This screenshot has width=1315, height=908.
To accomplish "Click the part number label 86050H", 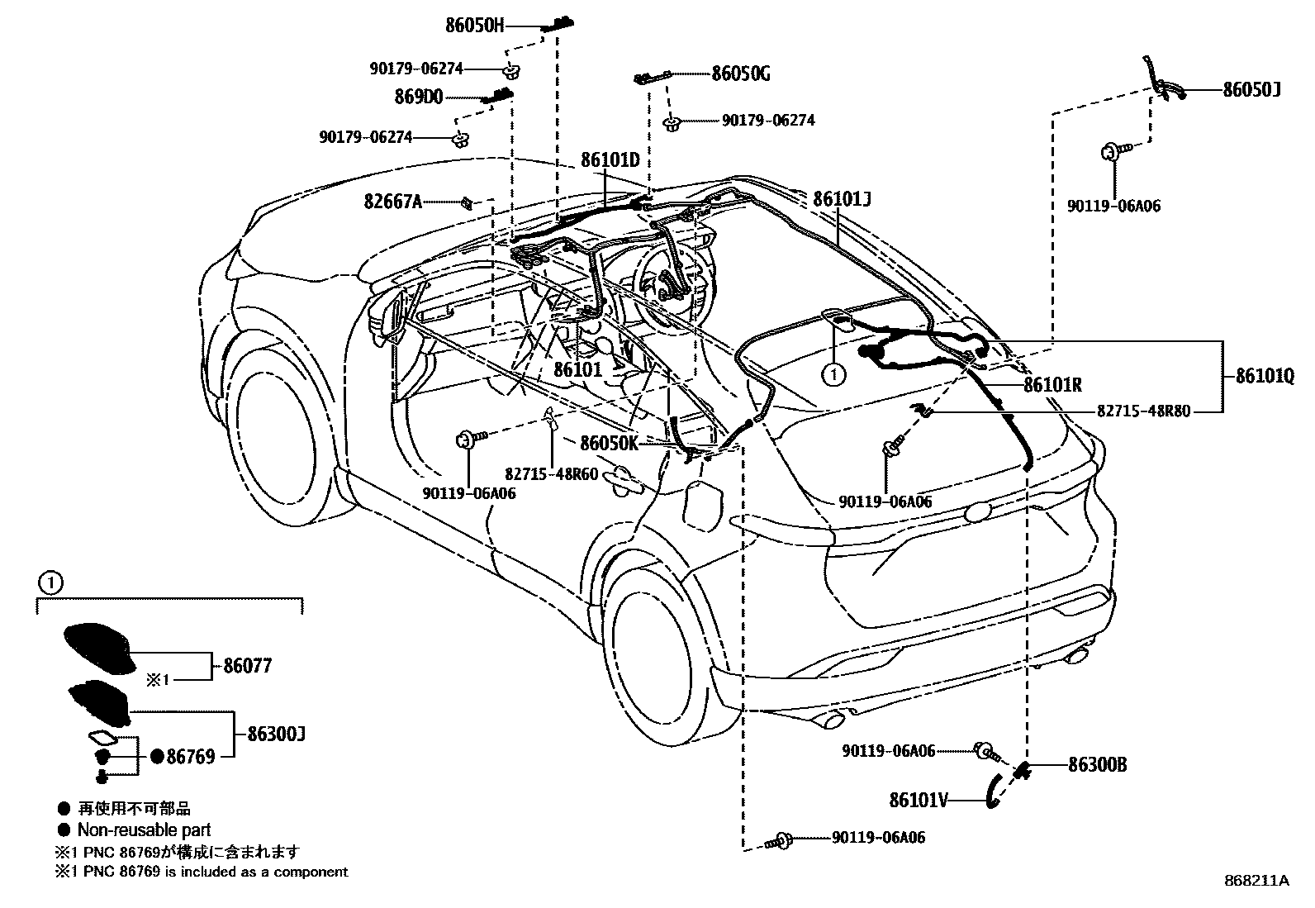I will tap(474, 26).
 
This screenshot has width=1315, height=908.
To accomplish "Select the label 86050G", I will tap(741, 74).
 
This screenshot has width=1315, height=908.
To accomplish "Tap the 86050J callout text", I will tap(1251, 89).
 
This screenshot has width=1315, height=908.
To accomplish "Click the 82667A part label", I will tap(394, 201).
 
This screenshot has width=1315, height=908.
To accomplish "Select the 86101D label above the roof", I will tap(610, 159).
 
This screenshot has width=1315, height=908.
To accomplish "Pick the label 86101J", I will tap(842, 198).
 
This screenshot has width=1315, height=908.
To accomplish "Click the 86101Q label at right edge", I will tap(1265, 375).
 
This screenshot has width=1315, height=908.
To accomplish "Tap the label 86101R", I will tap(1052, 384).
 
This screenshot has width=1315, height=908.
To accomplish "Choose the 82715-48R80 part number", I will tap(1143, 410).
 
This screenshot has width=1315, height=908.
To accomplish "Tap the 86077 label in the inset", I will tap(247, 665).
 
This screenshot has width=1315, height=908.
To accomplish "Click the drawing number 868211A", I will tap(1256, 881).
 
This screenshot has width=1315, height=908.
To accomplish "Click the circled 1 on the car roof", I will tap(834, 374).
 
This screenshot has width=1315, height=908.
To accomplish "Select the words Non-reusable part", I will tap(144, 830).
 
